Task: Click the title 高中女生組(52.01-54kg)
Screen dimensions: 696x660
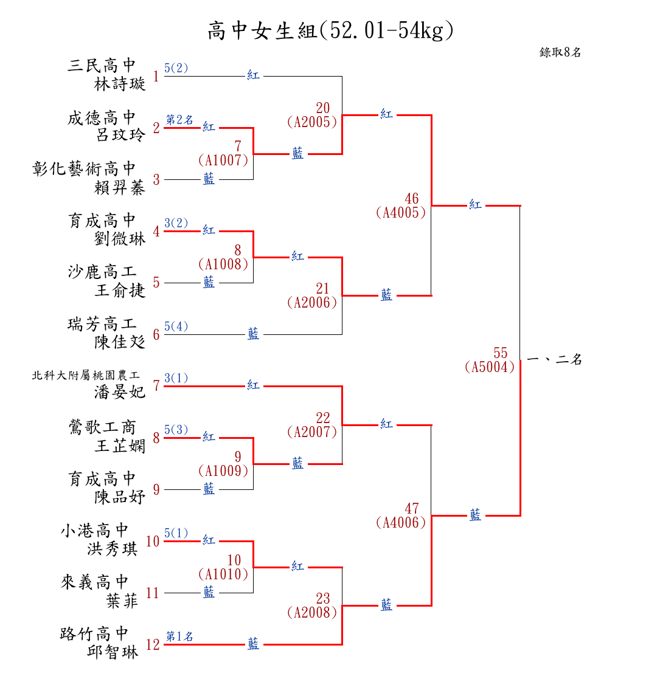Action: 330,30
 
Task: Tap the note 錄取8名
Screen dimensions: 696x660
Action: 560,52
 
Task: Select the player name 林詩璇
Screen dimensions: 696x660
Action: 120,84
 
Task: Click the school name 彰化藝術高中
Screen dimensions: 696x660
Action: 85,169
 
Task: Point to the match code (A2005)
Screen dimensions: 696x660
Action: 312,122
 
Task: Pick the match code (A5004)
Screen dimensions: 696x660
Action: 490,367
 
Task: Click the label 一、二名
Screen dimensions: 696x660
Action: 555,359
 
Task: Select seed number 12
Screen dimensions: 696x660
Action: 153,644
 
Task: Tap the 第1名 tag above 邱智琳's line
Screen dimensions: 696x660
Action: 180,636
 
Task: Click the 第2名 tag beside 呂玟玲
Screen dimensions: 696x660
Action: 180,120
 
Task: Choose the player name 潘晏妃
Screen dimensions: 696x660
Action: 120,392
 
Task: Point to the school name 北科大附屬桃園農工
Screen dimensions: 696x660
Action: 86,376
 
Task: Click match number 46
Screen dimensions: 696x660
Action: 412,199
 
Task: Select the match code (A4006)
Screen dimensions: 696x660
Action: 401,523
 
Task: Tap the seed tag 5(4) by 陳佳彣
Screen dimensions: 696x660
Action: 176,326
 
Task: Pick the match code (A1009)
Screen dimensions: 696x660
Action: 223,470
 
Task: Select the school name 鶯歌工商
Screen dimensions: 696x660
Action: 103,427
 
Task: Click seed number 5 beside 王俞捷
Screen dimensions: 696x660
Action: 156,283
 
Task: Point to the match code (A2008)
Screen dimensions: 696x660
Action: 312,613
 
